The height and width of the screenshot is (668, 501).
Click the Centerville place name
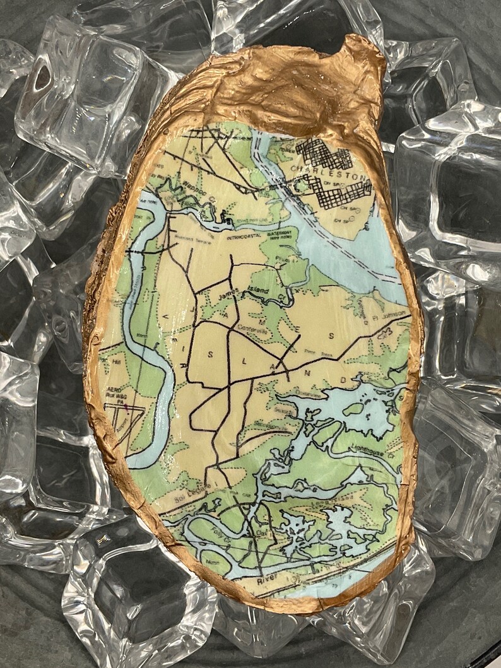253,327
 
